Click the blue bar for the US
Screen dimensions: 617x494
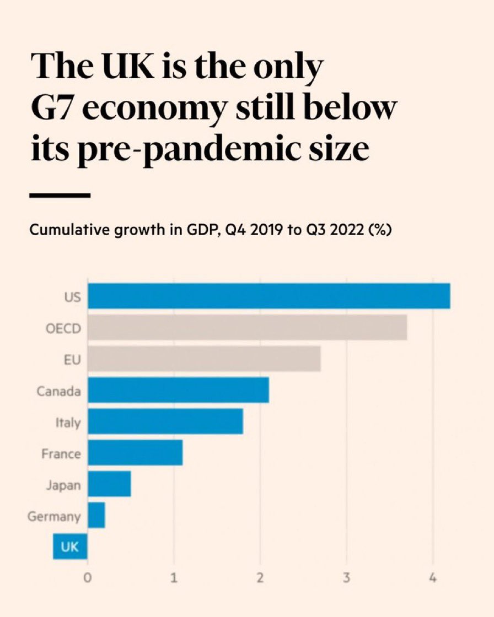(269, 296)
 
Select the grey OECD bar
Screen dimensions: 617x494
(247, 327)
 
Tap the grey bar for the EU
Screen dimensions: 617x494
(204, 359)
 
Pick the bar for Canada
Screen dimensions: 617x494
(178, 390)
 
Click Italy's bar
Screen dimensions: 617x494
(165, 421)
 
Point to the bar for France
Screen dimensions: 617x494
(135, 453)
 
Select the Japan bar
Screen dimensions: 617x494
(109, 484)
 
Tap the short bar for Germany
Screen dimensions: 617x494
(96, 516)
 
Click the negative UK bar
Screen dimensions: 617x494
(70, 547)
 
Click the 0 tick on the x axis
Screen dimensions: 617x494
(87, 579)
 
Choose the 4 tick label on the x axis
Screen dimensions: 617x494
(433, 579)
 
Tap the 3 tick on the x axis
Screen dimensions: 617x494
(346, 579)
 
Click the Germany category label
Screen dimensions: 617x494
(54, 517)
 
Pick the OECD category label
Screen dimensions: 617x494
(63, 328)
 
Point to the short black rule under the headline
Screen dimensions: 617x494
(60, 195)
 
